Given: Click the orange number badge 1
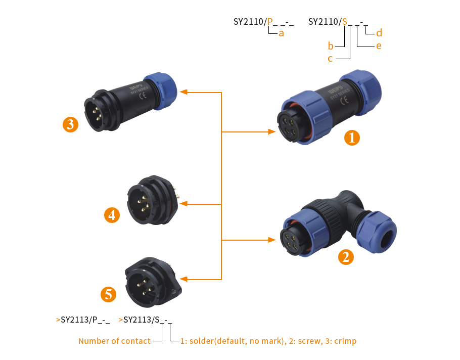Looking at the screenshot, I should pyautogui.click(x=352, y=138).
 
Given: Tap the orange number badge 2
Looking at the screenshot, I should pyautogui.click(x=346, y=257).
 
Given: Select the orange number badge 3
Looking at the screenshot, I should pyautogui.click(x=70, y=124).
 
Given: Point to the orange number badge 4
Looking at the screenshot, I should pyautogui.click(x=112, y=215).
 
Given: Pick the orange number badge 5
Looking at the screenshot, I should pyautogui.click(x=109, y=294).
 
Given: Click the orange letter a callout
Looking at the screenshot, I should pyautogui.click(x=282, y=34).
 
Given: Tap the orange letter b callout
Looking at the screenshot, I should pyautogui.click(x=331, y=46).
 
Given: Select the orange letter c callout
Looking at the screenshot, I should pyautogui.click(x=330, y=59).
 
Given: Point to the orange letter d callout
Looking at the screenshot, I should pyautogui.click(x=379, y=34).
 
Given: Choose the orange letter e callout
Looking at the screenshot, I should pyautogui.click(x=378, y=46).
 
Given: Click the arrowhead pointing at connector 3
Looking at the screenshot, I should pyautogui.click(x=184, y=93).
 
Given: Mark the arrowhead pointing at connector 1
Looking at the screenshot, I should pyautogui.click(x=270, y=132).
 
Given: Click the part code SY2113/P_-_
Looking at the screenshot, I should pyautogui.click(x=85, y=320).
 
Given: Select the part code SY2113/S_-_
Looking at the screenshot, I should pyautogui.click(x=148, y=320).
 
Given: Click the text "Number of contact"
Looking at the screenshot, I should pyautogui.click(x=114, y=341).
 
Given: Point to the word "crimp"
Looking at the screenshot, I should pyautogui.click(x=345, y=341).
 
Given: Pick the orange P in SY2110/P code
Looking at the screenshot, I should pyautogui.click(x=270, y=22).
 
